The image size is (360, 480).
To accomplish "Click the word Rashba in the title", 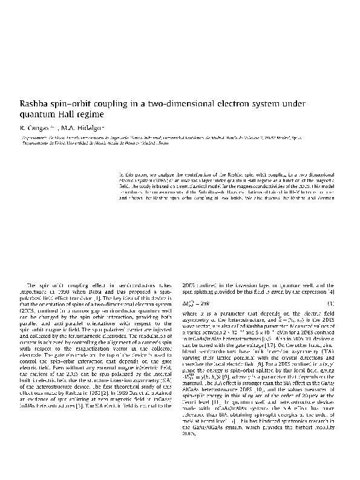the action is click(x=36, y=103).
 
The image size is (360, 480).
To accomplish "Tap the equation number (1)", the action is click(x=330, y=302).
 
